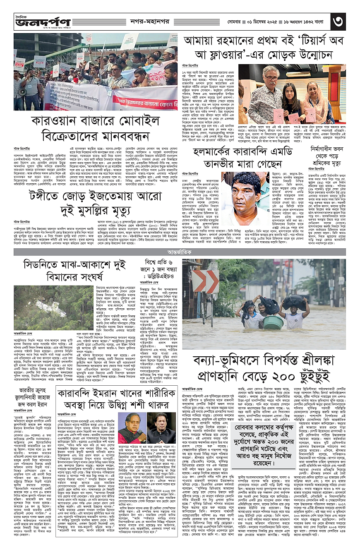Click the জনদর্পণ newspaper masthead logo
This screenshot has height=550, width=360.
[41, 21]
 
